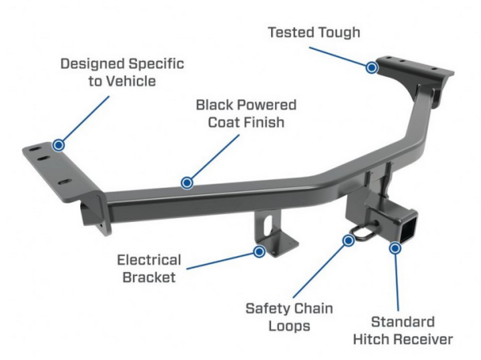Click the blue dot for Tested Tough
coord(371,67)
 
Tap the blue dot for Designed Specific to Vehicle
coord(58,145)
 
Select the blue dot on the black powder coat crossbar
coord(187,183)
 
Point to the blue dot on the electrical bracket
coord(259,251)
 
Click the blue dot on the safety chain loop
coord(349,240)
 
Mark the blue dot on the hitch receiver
coord(394,249)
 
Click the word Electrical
coord(149,260)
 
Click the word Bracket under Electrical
coord(150,277)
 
